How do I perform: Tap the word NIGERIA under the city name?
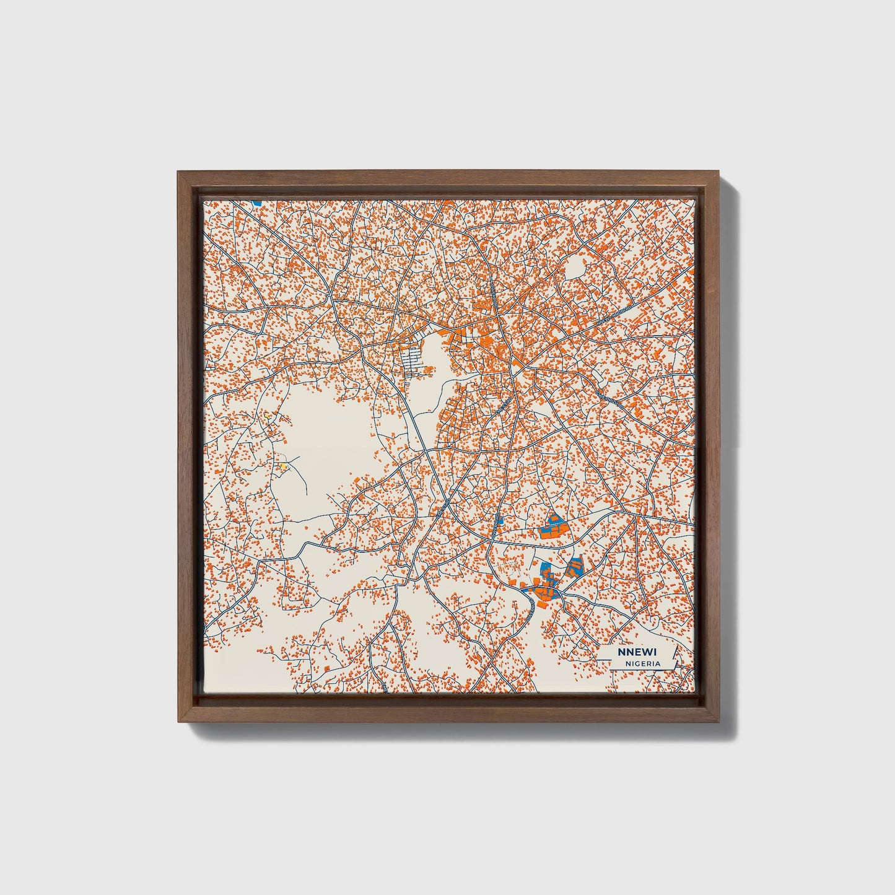coord(642,663)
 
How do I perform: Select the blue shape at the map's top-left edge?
coord(257,202)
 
